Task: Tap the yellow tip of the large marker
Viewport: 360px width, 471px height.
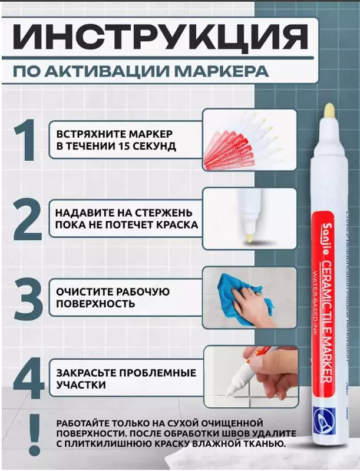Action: point(329,114)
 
